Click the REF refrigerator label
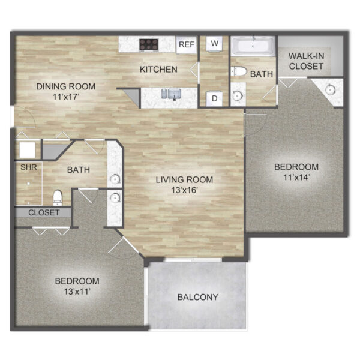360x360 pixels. click(187, 44)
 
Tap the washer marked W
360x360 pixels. click(214, 43)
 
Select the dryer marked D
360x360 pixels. click(214, 99)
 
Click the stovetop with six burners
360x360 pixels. click(149, 44)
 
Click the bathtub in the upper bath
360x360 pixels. click(253, 46)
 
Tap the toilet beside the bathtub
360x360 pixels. click(239, 71)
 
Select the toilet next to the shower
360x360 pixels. click(58, 198)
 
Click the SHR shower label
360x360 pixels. click(28, 167)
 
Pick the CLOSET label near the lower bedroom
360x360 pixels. click(44, 212)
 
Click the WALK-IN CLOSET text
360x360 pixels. click(306, 61)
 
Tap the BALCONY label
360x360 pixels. click(197, 297)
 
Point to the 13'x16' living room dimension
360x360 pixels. click(185, 190)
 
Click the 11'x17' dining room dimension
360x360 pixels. click(66, 97)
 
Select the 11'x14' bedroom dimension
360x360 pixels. click(296, 177)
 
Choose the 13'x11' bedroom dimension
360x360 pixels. click(77, 292)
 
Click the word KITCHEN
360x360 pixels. click(158, 70)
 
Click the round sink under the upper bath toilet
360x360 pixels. click(237, 95)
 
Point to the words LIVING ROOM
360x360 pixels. click(184, 179)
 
